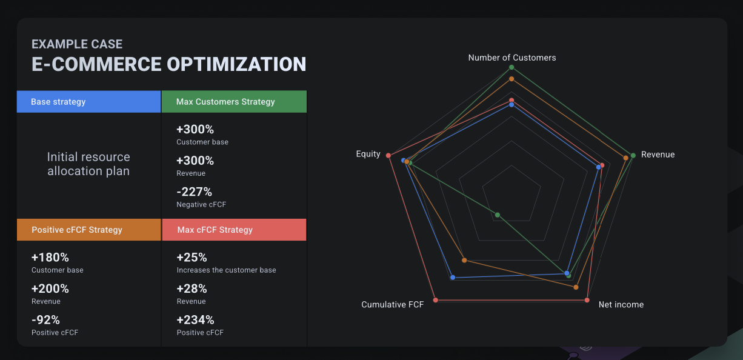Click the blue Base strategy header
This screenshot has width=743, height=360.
coord(88,102)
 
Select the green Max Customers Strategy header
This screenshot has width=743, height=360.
coord(234,102)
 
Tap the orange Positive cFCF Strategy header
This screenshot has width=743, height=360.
coord(88,230)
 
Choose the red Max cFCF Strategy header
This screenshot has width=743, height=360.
coord(234,230)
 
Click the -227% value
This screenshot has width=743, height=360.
coord(194,192)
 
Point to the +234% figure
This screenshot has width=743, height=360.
coord(195,320)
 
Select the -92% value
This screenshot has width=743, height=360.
coord(45,320)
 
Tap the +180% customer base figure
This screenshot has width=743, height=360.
coord(50,258)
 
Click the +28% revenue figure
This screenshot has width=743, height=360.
coord(192,288)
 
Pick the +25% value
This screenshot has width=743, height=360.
coord(192,258)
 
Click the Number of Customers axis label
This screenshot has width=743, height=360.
coord(512,58)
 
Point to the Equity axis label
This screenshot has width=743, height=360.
coord(368,154)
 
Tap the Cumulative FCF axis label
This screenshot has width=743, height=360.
coord(392,304)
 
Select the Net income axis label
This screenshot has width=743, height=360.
coord(621,304)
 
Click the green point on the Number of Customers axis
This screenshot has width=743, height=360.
coord(511,67)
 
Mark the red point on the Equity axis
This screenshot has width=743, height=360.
coord(388,155)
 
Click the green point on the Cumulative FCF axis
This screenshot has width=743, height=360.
coord(498,215)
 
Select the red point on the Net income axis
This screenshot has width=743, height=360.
coord(587,300)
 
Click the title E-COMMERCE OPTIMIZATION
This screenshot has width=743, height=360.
coord(168,64)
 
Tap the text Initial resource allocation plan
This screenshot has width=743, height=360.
coord(88,164)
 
